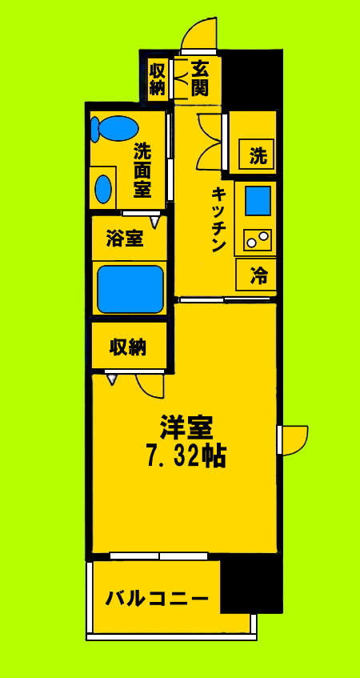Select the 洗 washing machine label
(x=257, y=155)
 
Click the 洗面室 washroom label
(x=142, y=169)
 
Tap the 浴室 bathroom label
(x=125, y=239)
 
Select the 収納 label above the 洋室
(x=128, y=347)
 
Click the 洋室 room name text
(x=186, y=425)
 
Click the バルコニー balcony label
(x=158, y=597)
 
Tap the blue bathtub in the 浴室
(x=130, y=289)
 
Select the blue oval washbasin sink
(x=103, y=189)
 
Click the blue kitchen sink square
(x=258, y=201)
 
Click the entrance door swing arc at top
(x=198, y=34)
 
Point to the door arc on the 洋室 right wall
(x=294, y=439)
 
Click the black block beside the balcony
(x=251, y=584)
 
